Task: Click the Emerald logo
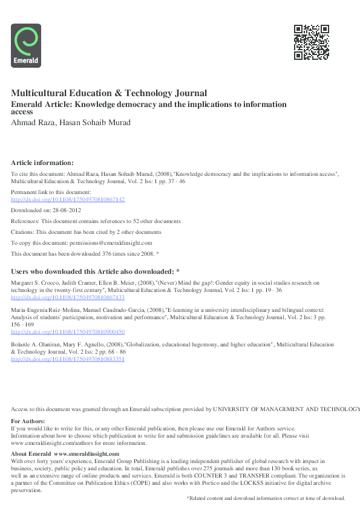pos(26,45)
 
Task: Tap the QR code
pos(312,42)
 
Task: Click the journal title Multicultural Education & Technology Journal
pos(109,93)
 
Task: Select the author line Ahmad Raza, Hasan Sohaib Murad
pos(71,123)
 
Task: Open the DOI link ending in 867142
pos(68,199)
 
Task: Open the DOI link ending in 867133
pos(68,297)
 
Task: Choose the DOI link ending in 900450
pos(68,331)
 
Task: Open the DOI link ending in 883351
pos(68,358)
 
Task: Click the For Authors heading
pos(28,421)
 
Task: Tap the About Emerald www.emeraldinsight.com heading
pos(65,453)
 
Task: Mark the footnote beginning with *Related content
pos(265,498)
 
